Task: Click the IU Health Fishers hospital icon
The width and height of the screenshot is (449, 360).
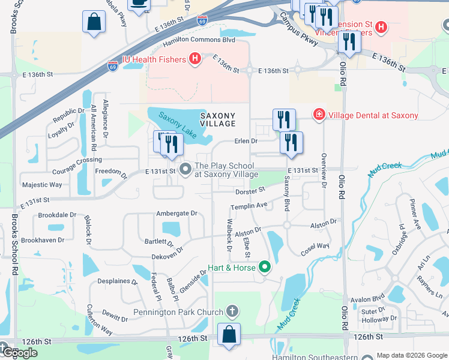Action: pos(194,58)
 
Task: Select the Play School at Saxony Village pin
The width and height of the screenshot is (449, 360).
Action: pos(185,170)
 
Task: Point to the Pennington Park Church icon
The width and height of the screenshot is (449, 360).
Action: pos(233,311)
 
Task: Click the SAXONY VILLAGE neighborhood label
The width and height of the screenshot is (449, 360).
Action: pos(217,119)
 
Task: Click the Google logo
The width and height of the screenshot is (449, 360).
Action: pos(19,353)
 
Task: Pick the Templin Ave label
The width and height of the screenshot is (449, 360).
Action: pos(249,206)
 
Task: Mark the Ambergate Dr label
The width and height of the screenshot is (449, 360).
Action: pos(176,213)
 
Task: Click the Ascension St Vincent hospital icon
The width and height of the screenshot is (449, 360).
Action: pos(381,27)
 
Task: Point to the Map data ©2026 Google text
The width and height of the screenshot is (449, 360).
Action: pos(412,355)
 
